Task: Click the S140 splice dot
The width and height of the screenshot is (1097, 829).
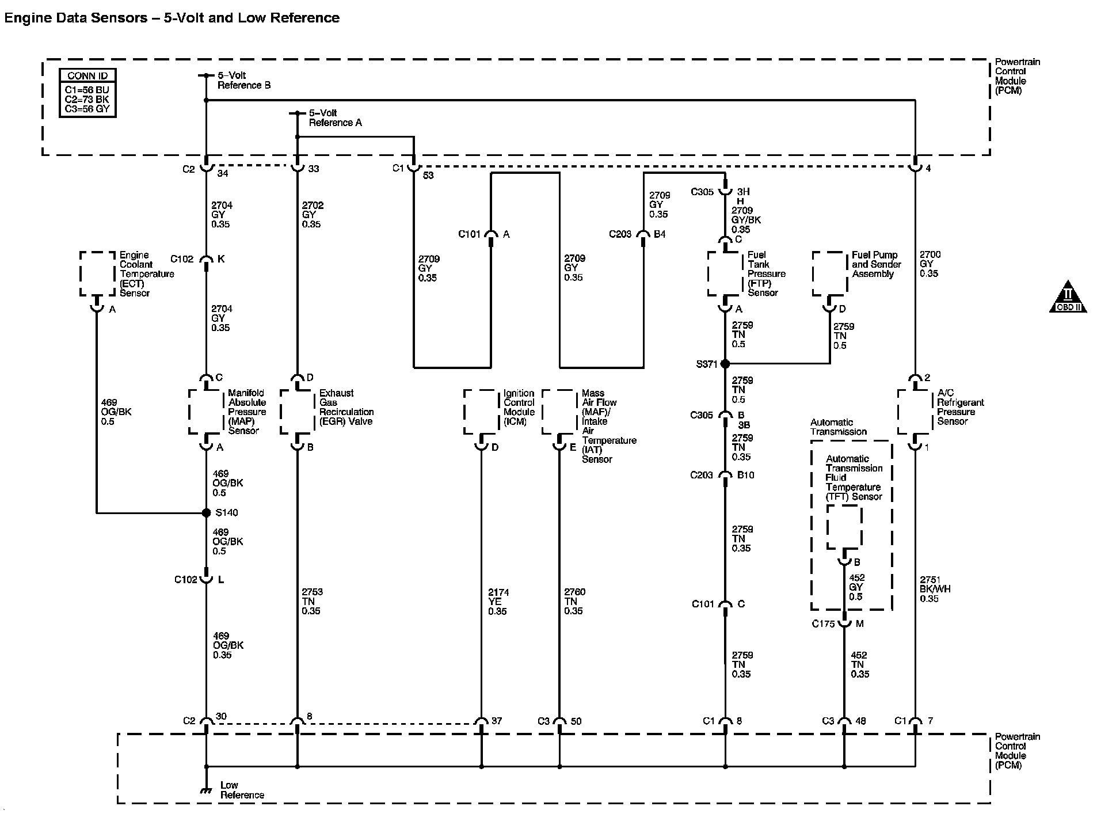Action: (x=206, y=512)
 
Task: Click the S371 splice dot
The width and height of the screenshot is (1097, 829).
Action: (x=725, y=364)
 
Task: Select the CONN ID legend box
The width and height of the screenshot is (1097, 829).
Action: (x=87, y=93)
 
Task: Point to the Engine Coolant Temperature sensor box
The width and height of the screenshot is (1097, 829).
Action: (x=97, y=274)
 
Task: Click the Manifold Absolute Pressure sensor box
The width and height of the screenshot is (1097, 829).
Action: (x=206, y=412)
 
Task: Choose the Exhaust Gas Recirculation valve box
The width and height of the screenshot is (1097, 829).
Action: (x=297, y=412)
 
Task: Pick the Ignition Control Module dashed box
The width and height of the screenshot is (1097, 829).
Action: (x=481, y=412)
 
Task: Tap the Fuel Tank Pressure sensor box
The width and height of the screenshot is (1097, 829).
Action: (x=725, y=274)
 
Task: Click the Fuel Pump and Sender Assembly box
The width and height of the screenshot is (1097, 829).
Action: (x=829, y=274)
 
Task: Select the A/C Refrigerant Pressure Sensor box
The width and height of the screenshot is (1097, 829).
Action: (x=915, y=412)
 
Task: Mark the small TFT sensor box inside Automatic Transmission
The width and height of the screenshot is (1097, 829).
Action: (x=844, y=527)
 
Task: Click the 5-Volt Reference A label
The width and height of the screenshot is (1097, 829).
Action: (x=335, y=118)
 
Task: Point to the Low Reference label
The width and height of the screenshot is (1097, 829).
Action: (x=242, y=790)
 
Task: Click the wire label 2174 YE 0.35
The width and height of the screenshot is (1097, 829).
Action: (x=498, y=602)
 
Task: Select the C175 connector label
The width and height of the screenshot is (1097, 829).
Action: (x=823, y=624)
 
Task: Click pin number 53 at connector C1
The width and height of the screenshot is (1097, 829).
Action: (x=428, y=175)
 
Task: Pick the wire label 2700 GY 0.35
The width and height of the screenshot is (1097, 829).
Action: (x=930, y=264)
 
